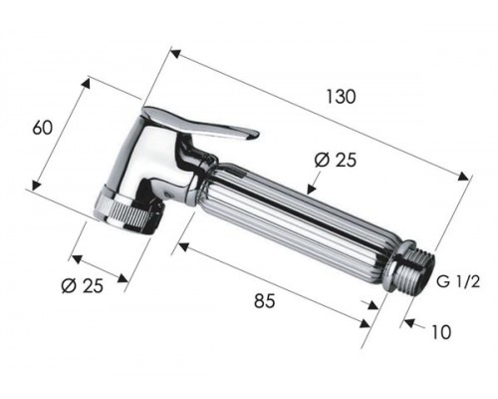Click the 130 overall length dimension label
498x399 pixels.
tap(341, 97)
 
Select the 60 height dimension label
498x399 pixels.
tap(43, 127)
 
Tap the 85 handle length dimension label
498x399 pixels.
tap(265, 301)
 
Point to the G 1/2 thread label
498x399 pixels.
tap(458, 282)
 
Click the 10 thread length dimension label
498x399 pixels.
tap(441, 331)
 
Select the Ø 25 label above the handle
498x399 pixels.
tap(336, 160)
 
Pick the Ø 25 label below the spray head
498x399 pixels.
tap(83, 285)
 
